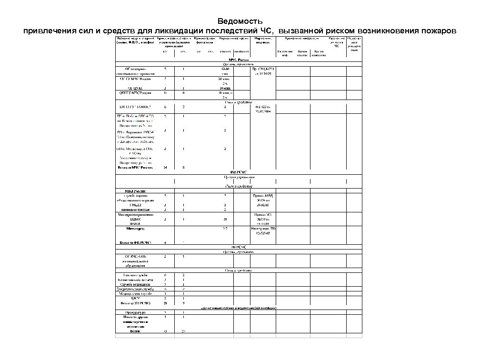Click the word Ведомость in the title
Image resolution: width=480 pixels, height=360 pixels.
pyautogui.click(x=240, y=21)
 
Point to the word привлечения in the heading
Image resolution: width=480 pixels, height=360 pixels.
pyautogui.click(x=48, y=31)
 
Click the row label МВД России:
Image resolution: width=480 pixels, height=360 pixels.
pyautogui.click(x=135, y=191)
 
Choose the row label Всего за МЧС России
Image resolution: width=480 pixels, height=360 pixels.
pyautogui.click(x=136, y=168)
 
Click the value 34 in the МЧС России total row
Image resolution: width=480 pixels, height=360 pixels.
pyautogui.click(x=165, y=168)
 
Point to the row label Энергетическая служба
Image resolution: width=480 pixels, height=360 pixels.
pyautogui.click(x=135, y=289)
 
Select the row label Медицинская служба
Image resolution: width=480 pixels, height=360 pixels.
pyautogui.click(x=135, y=294)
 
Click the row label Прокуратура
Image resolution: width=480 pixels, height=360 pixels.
pyautogui.click(x=135, y=312)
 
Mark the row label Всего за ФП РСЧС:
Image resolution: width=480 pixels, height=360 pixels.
pyautogui.click(x=136, y=242)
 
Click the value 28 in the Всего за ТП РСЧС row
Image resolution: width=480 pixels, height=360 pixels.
pyautogui.click(x=165, y=303)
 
